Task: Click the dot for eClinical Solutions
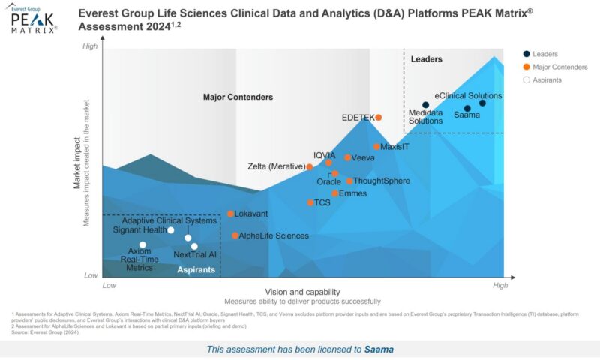(482, 103)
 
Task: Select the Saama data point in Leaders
(467, 109)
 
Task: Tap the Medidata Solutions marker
(425, 105)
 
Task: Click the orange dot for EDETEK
(379, 118)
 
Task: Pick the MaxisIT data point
(376, 147)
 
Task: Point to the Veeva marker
(347, 157)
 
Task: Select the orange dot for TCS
(310, 202)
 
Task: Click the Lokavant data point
(230, 214)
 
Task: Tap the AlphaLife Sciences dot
(235, 235)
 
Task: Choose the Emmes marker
(334, 193)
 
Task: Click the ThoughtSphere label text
(381, 181)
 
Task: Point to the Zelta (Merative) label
(275, 166)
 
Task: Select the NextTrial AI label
(194, 255)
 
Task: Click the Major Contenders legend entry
(559, 67)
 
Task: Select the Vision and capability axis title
(302, 292)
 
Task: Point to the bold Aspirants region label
(196, 268)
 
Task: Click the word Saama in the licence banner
(379, 349)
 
